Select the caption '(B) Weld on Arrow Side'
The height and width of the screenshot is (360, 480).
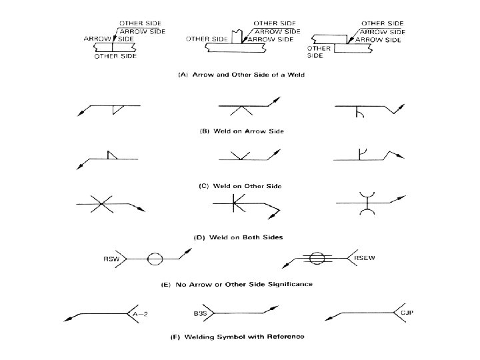point(242,131)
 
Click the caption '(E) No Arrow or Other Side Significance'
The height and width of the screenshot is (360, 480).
point(237,285)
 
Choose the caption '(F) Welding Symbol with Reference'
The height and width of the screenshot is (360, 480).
point(241,336)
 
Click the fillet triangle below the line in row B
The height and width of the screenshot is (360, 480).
point(117,111)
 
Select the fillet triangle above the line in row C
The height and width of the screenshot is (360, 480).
point(112,155)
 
